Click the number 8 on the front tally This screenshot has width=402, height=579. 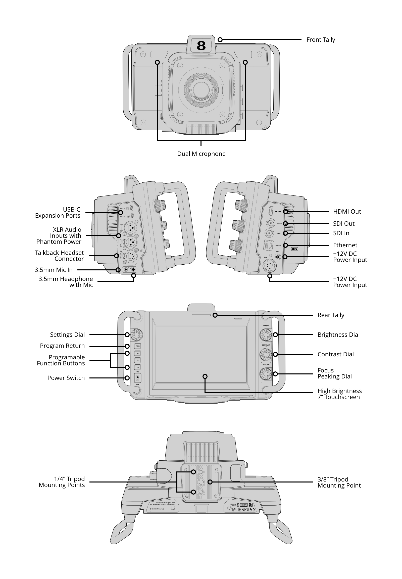coord(201,46)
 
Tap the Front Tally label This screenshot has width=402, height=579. coord(320,40)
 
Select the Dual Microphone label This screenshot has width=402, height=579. coord(201,154)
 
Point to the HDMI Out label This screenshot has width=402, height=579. coord(347,212)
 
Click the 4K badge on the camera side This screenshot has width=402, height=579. coord(294,249)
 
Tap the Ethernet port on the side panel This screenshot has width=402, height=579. coord(268,245)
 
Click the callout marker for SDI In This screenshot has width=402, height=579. coord(285,233)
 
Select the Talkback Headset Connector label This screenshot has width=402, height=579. coord(60,256)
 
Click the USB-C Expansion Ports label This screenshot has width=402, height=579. coord(58,213)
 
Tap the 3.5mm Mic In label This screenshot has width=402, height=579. coord(54,270)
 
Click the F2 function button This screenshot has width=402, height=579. coord(137,360)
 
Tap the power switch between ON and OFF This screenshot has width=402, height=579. coord(137,378)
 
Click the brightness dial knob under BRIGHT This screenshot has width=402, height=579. coord(266,335)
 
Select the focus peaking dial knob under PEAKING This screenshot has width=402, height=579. coord(266,374)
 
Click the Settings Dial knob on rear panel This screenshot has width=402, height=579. coord(137,335)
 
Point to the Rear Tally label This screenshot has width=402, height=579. coord(330,315)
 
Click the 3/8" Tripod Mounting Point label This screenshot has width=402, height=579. coord(339,482)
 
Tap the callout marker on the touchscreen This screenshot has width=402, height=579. coord(205,376)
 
